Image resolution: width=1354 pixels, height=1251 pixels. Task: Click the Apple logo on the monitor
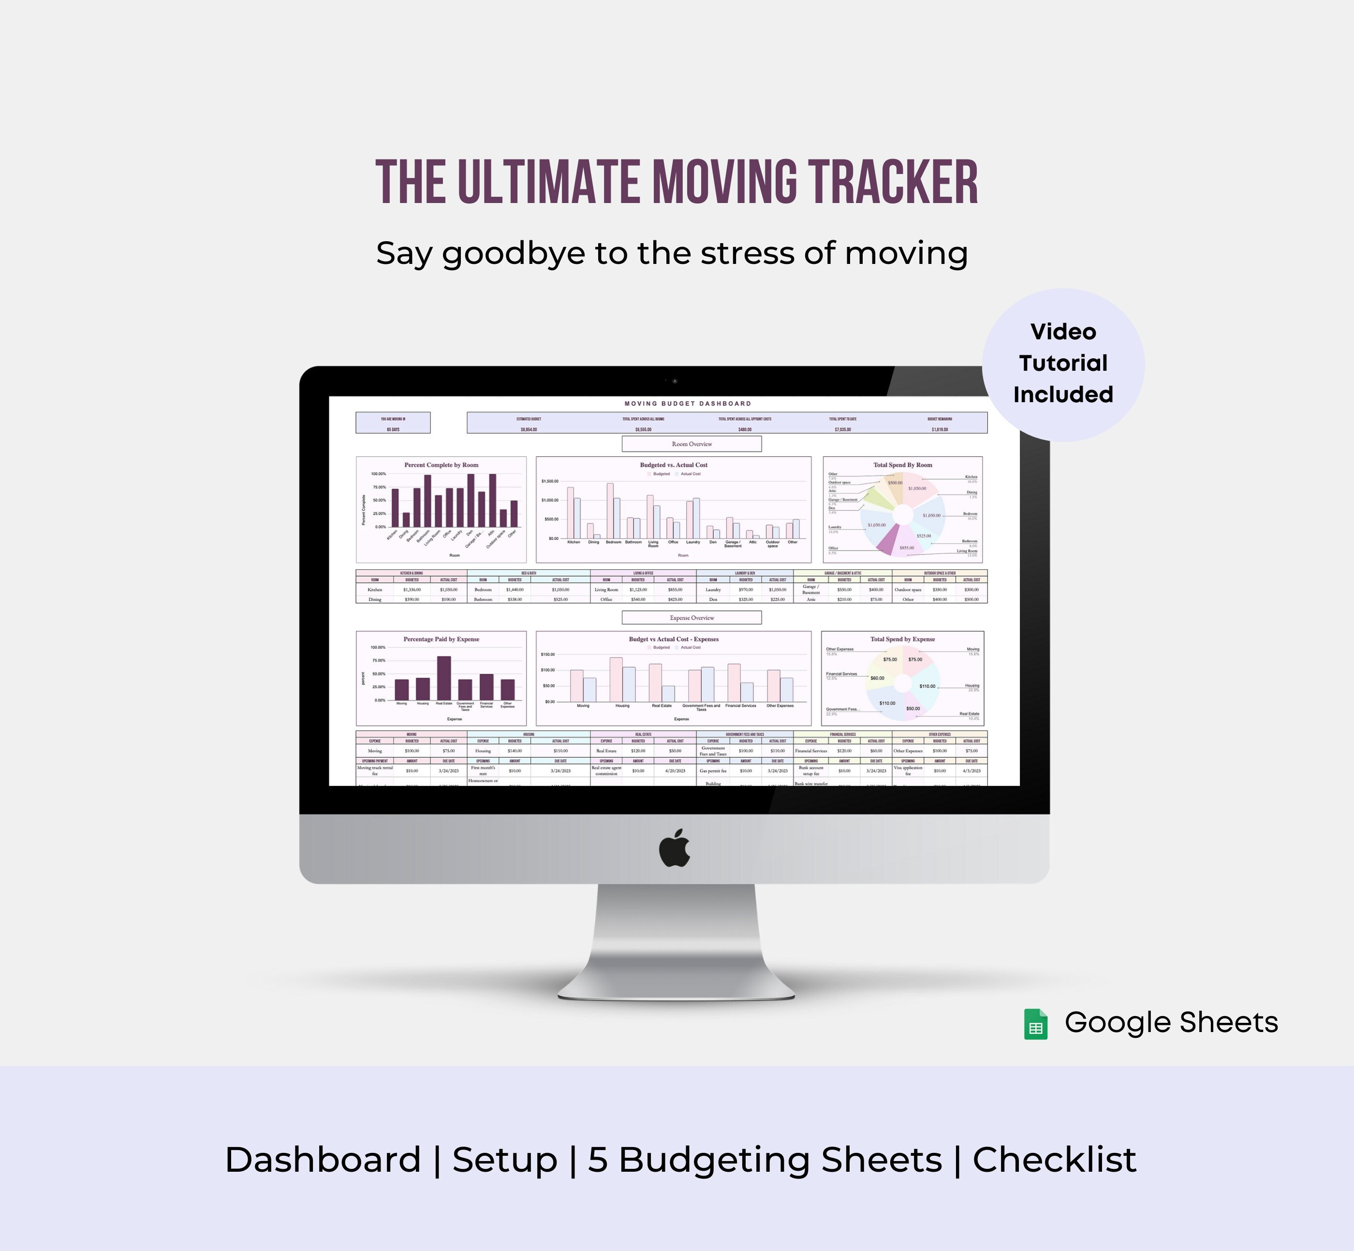tap(675, 848)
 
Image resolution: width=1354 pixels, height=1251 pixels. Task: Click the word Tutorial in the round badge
tap(1063, 363)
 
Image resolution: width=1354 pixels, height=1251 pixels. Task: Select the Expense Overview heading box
tap(692, 617)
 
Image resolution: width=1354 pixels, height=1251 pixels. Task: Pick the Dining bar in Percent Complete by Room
tap(406, 519)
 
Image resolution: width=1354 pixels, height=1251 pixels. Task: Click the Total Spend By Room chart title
tap(902, 465)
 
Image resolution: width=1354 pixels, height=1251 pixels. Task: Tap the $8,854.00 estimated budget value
tap(529, 429)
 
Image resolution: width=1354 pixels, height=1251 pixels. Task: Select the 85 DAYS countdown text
tap(393, 429)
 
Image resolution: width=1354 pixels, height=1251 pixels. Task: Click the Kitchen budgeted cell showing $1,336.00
tap(412, 590)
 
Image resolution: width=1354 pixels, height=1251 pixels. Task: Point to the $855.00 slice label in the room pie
tap(906, 548)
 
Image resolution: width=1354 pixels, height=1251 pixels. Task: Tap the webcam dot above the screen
tap(675, 381)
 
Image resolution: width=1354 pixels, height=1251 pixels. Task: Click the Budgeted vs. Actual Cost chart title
tap(673, 465)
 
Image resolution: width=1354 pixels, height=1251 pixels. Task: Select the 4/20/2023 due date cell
tap(675, 771)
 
